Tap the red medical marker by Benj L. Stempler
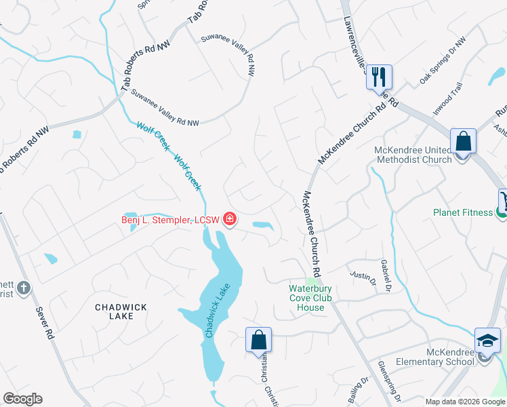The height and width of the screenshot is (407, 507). [230, 218]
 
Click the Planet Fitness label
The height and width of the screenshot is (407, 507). [463, 212]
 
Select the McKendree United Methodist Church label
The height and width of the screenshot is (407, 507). [413, 155]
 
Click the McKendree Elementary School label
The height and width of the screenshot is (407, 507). [450, 357]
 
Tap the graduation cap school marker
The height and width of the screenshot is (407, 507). [487, 340]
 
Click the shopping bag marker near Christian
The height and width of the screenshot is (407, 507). [258, 339]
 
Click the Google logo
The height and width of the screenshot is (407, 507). [22, 399]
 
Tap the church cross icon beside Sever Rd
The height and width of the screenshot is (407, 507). [24, 288]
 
